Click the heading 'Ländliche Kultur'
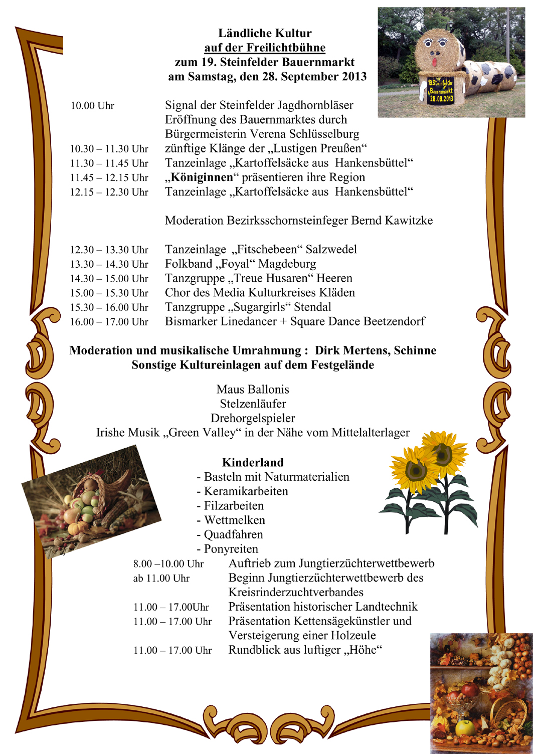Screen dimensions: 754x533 pos(265,34)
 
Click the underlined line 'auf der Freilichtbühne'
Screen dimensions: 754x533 pos(265,48)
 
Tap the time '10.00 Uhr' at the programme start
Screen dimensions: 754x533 pos(92,106)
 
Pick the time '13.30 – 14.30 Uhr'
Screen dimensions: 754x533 pos(109,264)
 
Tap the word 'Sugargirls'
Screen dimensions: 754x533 pos(261,307)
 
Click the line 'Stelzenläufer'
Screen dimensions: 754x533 pos(253,404)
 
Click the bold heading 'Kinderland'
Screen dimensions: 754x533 pos(253,463)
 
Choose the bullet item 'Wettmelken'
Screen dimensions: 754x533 pos(234,520)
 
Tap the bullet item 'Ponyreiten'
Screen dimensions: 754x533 pos(231,549)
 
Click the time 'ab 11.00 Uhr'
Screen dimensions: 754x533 pos(161,579)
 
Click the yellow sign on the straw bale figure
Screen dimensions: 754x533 pos(441,91)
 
